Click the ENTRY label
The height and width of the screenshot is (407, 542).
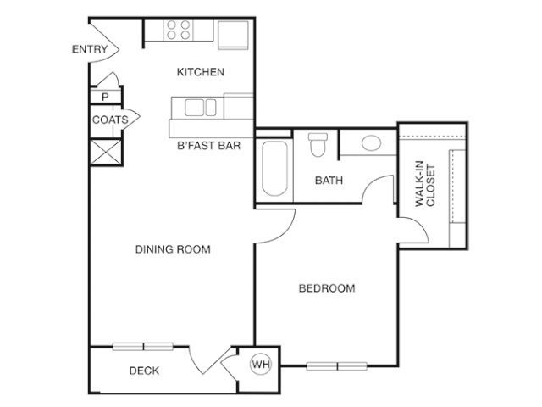tap(90, 49)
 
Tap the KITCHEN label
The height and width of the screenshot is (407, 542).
tap(201, 72)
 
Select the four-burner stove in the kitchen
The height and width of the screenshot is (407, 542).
tap(178, 30)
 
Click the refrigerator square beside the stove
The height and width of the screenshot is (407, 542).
tap(233, 35)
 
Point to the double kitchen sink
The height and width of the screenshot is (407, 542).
tap(201, 108)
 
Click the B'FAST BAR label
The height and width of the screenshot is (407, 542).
tap(208, 146)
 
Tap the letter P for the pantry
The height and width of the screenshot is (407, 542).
tap(105, 97)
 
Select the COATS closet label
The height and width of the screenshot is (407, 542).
tap(110, 120)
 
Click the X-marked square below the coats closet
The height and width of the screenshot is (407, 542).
tap(106, 152)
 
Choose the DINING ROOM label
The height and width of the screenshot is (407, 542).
tap(173, 249)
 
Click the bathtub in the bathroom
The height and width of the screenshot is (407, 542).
tap(274, 168)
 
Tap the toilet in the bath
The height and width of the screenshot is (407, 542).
tap(318, 145)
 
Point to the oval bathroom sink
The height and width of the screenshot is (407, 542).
tap(371, 143)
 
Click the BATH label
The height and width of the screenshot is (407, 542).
tap(329, 181)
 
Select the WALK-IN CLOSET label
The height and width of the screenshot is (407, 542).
tap(425, 184)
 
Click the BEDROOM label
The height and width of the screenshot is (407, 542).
tap(327, 288)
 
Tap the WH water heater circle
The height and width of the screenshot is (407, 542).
tap(261, 364)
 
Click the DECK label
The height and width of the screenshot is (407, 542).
tap(144, 371)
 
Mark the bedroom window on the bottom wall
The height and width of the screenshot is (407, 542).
tap(337, 365)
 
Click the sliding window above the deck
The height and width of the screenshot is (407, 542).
tap(143, 346)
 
